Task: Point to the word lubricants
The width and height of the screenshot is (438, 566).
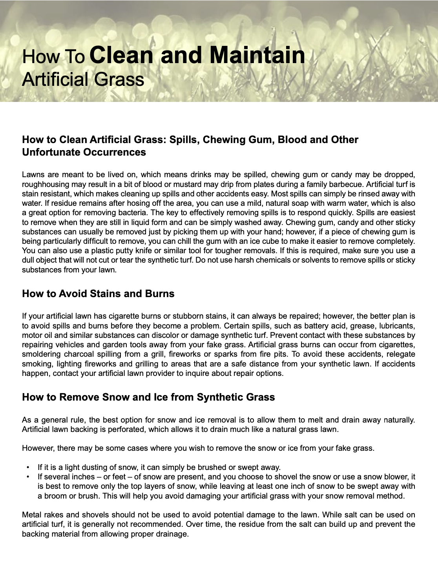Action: [397, 326]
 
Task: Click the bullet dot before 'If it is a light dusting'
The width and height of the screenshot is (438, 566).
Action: [28, 467]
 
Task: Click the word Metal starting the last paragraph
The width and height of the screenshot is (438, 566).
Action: [32, 515]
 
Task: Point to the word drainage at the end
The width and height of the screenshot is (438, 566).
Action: [172, 534]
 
